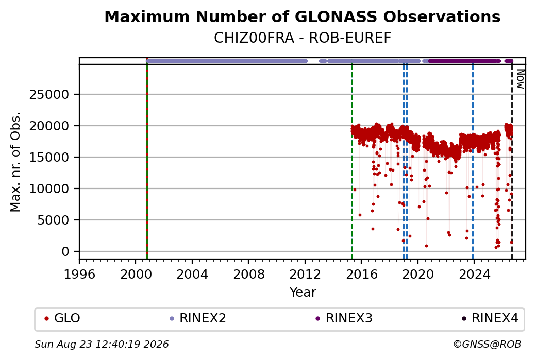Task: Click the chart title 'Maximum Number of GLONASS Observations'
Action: [x=302, y=17]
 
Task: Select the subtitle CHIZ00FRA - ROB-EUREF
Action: [x=302, y=38]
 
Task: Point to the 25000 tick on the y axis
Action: [x=49, y=95]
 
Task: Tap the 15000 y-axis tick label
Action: [x=49, y=158]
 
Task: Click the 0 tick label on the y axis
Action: [x=65, y=252]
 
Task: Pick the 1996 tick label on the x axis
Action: [x=80, y=275]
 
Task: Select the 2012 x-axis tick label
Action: [x=305, y=275]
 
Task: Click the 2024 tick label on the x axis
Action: [x=474, y=275]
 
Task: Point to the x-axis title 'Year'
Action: [x=303, y=293]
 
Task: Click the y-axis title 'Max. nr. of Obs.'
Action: [x=16, y=162]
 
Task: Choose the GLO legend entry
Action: [x=62, y=318]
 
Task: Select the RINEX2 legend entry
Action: [x=197, y=318]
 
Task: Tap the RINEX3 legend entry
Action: [x=344, y=318]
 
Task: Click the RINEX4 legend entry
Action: [x=490, y=318]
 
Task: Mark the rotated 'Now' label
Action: [x=520, y=79]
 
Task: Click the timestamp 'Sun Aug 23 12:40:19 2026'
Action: [x=102, y=344]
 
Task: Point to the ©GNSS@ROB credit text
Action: [x=487, y=344]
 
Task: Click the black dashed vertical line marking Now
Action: [x=512, y=162]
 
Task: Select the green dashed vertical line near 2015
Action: [x=352, y=162]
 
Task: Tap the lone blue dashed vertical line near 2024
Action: [x=473, y=162]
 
